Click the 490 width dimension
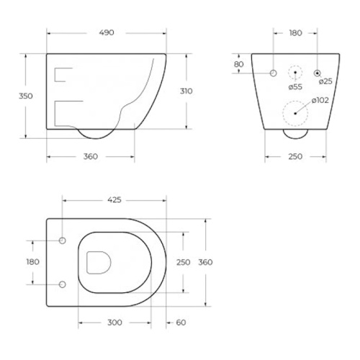107,32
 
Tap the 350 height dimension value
26,96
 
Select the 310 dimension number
186,91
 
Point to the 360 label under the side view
91,156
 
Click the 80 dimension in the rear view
238,64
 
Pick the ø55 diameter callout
295,87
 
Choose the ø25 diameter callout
325,81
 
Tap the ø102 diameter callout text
320,100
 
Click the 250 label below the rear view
295,156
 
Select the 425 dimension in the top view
114,200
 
